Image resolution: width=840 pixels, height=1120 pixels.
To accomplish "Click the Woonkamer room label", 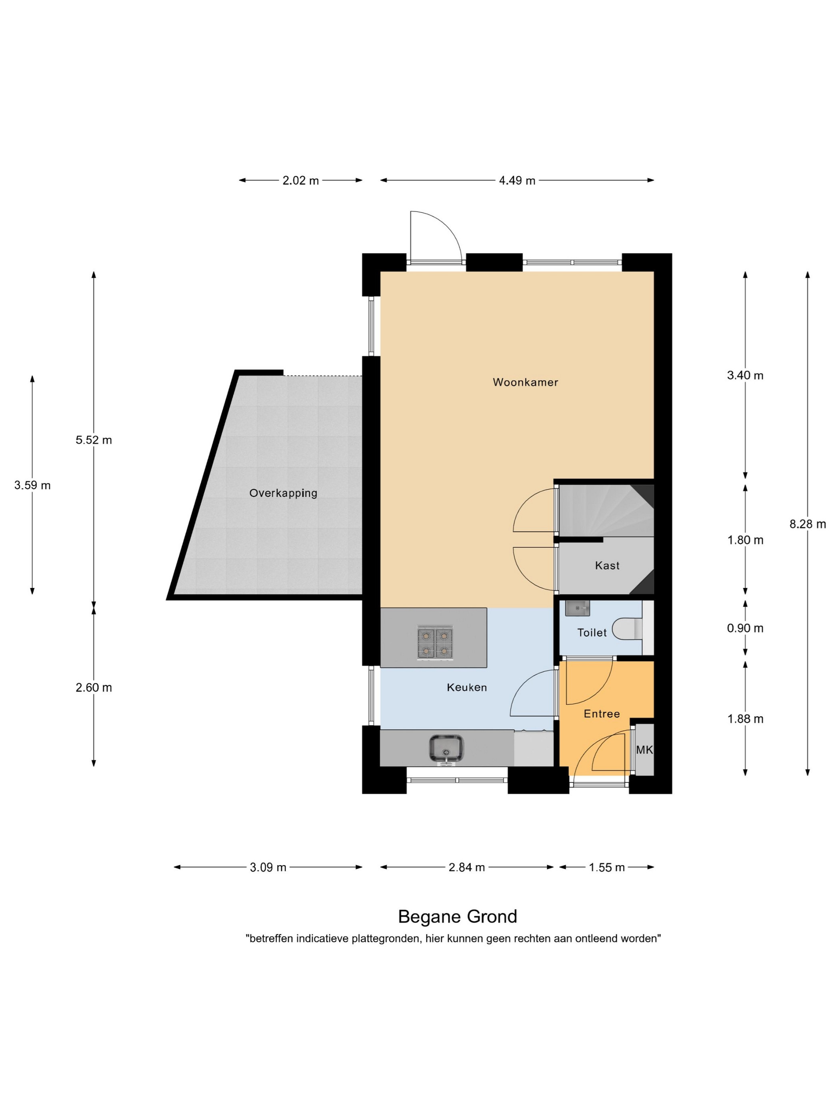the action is [525, 382].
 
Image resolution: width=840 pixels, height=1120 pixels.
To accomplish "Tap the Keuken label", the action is [466, 687].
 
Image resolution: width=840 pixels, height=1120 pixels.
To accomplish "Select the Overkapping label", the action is [283, 493].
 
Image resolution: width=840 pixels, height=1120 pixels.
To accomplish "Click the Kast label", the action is [607, 566].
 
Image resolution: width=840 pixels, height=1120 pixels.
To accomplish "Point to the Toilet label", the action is [592, 632].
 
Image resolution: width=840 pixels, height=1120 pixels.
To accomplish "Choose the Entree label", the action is [602, 714].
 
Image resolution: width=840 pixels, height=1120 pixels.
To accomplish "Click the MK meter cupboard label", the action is [644, 750].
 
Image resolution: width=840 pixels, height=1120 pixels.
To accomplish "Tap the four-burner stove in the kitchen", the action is [435, 642].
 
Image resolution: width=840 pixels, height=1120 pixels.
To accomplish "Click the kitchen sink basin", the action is [446, 748].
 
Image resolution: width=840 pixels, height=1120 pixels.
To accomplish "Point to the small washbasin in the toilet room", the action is [577, 608].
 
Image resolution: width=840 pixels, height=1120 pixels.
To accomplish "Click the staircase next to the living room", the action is [606, 510].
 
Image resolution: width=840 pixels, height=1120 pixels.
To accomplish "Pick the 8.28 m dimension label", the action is [808, 524].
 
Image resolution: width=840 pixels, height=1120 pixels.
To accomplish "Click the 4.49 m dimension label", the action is [517, 181].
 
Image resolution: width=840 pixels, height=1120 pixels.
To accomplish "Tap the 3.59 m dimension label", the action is [32, 485].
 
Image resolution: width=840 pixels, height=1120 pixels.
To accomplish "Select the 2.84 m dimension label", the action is [467, 867].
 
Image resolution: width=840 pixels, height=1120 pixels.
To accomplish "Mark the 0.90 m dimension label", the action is [745, 628].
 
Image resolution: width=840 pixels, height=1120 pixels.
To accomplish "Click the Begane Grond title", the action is [458, 916].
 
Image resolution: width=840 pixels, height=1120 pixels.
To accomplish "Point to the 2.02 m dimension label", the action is [301, 181].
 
